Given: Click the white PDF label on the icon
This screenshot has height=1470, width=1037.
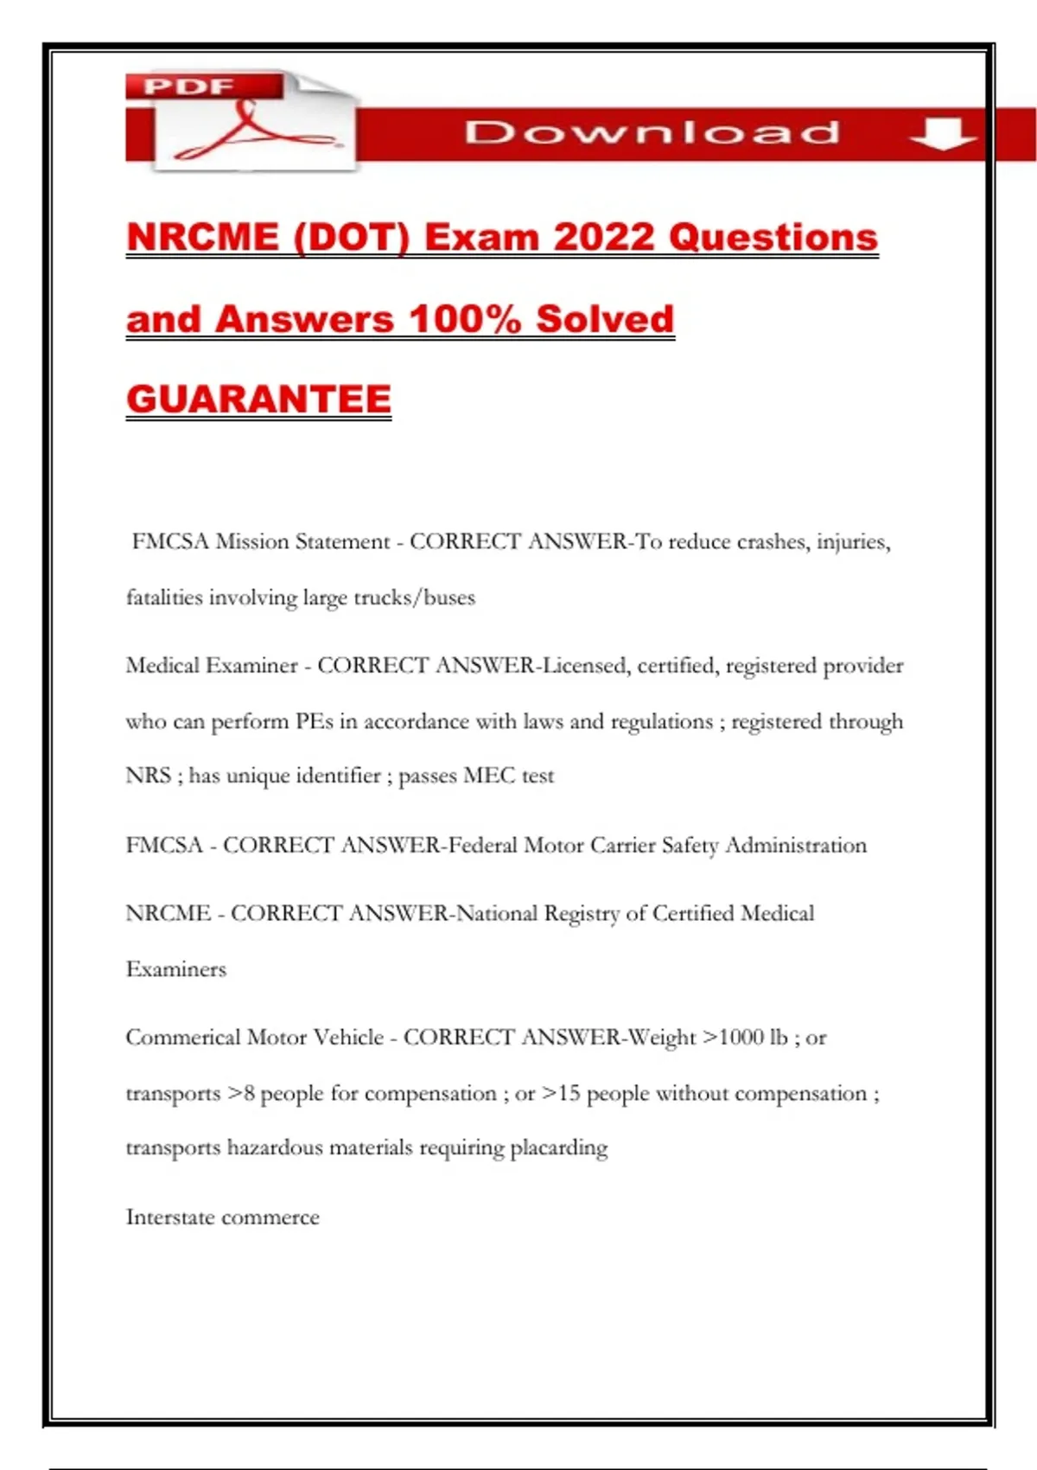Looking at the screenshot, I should (x=188, y=86).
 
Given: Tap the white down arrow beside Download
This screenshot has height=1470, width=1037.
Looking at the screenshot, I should (x=943, y=133).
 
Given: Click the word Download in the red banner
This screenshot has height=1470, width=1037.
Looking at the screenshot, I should (x=652, y=132).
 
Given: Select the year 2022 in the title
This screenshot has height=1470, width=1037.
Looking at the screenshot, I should (x=604, y=237).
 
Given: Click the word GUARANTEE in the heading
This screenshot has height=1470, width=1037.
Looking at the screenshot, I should (x=258, y=399).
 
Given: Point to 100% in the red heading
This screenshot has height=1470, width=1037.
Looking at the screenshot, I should (x=465, y=318).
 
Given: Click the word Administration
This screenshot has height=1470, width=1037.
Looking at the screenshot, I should (x=795, y=845).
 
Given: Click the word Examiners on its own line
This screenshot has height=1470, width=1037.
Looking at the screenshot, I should (x=175, y=969).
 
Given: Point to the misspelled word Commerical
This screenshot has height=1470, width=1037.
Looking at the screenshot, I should (x=182, y=1038).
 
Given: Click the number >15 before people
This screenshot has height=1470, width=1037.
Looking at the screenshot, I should (x=561, y=1094).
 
